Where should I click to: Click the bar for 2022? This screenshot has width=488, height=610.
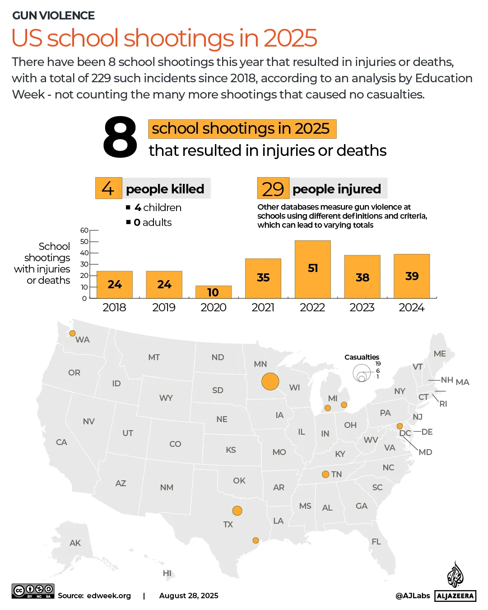pos(312,269)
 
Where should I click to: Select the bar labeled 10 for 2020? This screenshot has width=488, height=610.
pos(213,292)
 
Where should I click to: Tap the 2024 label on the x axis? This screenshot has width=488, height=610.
pos(411,308)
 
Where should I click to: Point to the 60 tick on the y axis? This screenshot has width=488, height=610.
pos(84,230)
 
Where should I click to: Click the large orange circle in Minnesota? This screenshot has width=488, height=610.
pos(270,381)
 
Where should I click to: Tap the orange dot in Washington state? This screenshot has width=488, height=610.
pos(72,333)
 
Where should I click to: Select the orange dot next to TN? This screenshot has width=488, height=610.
pos(325,474)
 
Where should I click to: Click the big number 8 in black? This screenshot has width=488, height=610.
pos(120,138)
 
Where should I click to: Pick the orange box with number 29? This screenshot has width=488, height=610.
pos(273,189)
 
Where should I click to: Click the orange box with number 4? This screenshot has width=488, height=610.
pos(108,188)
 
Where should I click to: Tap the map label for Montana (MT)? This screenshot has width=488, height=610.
pos(154,357)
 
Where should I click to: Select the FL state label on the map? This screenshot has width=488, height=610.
pos(376,542)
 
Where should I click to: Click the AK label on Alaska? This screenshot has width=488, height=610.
pos(75,543)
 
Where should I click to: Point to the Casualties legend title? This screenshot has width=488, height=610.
pos(362,357)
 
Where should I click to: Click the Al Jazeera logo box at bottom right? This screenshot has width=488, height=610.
pos(455,596)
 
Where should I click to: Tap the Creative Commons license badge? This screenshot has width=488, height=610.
pos(33,591)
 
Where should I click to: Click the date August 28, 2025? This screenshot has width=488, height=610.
pos(189,596)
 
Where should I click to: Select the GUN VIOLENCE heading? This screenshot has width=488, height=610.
pos(53,16)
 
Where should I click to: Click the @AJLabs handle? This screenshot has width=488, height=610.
pos(413,596)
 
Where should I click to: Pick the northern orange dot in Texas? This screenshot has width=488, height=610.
pos(237,511)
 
